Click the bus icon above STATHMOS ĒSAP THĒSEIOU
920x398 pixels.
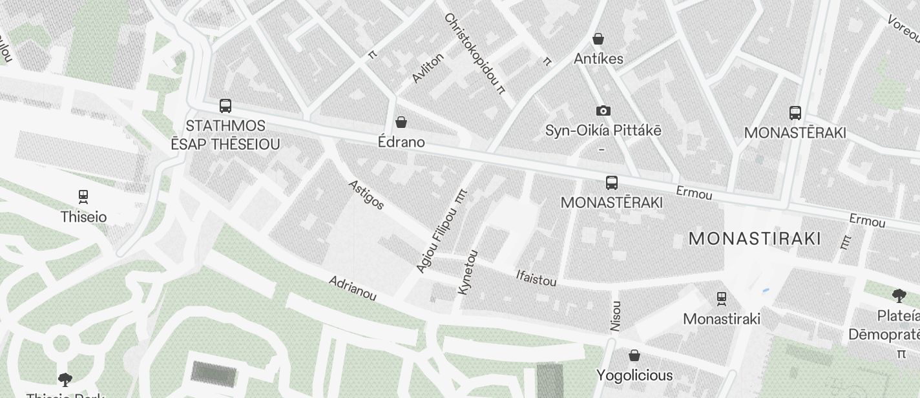pyautogui.click(x=225, y=106)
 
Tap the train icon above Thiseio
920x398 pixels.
pyautogui.click(x=83, y=196)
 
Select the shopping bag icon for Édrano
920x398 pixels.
pyautogui.click(x=401, y=122)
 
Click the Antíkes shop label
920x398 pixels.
pyautogui.click(x=598, y=59)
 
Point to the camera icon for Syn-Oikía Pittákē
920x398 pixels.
pyautogui.click(x=603, y=110)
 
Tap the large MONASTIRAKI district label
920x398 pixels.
pyautogui.click(x=755, y=238)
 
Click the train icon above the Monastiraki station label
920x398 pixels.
pyautogui.click(x=722, y=298)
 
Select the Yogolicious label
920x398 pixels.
pyautogui.click(x=634, y=375)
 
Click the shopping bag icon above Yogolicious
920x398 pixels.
pyautogui.click(x=634, y=355)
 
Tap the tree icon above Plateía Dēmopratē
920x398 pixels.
pyautogui.click(x=898, y=297)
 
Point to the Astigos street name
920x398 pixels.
pyautogui.click(x=366, y=194)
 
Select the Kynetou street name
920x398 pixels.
pyautogui.click(x=468, y=272)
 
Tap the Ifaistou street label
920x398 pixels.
pyautogui.click(x=536, y=277)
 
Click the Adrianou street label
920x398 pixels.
pyautogui.click(x=352, y=288)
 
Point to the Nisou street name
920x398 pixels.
pyautogui.click(x=616, y=316)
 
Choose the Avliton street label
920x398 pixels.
pyautogui.click(x=428, y=68)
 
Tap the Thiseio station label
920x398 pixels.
pyautogui.click(x=83, y=217)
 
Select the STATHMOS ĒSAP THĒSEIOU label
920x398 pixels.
pyautogui.click(x=225, y=135)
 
